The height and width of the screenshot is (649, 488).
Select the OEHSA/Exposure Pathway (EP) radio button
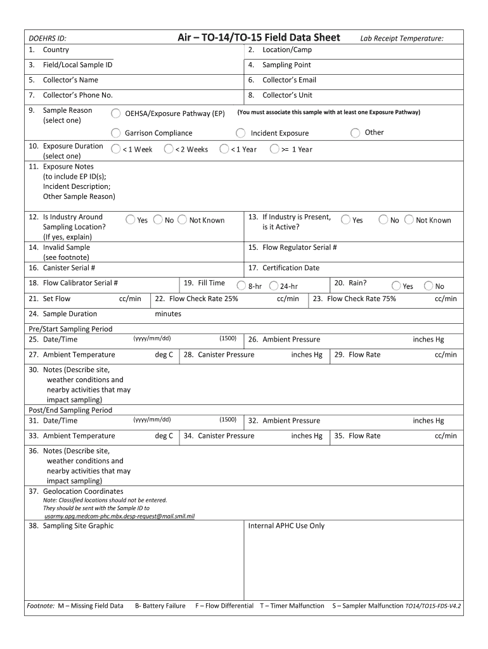click(x=116, y=113)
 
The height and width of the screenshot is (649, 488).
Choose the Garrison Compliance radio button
click(x=116, y=133)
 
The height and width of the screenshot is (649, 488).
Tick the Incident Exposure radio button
click(x=241, y=133)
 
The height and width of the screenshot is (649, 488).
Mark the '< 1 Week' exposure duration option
click(x=115, y=150)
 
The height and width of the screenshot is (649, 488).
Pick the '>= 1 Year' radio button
click(x=274, y=150)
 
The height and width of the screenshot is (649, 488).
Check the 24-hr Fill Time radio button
click(x=273, y=286)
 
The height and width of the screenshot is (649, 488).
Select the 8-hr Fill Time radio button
click(x=241, y=286)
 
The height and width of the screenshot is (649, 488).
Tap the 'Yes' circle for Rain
click(x=396, y=286)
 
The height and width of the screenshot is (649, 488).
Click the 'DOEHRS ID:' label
click(x=47, y=39)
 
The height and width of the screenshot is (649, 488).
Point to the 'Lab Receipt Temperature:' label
click(x=402, y=39)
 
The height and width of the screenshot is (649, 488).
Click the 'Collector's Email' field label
click(x=289, y=80)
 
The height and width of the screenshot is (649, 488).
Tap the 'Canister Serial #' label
click(x=68, y=268)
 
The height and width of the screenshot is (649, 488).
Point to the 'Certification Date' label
click(x=291, y=268)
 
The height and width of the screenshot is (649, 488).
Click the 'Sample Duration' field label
click(x=70, y=314)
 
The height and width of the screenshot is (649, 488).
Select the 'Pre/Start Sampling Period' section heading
click(x=70, y=329)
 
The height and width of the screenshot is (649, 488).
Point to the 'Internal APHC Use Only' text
click(x=286, y=526)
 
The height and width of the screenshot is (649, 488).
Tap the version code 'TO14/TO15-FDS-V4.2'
click(x=433, y=606)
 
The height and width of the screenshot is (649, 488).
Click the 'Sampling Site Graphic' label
click(x=78, y=526)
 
